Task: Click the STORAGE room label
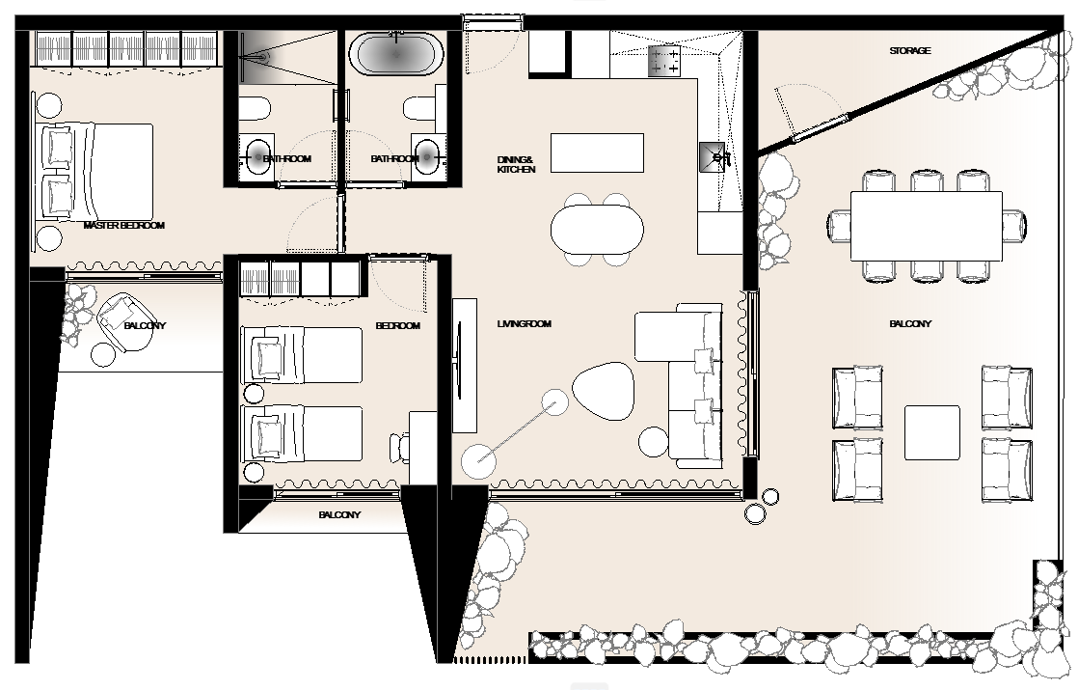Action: pyautogui.click(x=909, y=51)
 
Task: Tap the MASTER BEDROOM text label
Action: pyautogui.click(x=124, y=225)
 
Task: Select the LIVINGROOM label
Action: pyautogui.click(x=524, y=323)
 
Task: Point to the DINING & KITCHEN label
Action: pyautogui.click(x=516, y=164)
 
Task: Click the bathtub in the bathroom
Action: pyautogui.click(x=394, y=54)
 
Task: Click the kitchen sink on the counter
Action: pyautogui.click(x=713, y=157)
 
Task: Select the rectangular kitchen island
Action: pyautogui.click(x=598, y=152)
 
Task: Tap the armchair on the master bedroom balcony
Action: pyautogui.click(x=121, y=321)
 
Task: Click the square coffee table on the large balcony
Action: pyautogui.click(x=931, y=432)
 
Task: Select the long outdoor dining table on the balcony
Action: pyautogui.click(x=927, y=227)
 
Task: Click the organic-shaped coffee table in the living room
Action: pyautogui.click(x=603, y=391)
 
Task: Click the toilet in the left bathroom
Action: pyautogui.click(x=255, y=108)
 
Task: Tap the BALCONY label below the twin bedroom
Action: pyautogui.click(x=339, y=514)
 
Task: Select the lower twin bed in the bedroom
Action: pyautogui.click(x=302, y=433)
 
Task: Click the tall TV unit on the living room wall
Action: pyautogui.click(x=465, y=366)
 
